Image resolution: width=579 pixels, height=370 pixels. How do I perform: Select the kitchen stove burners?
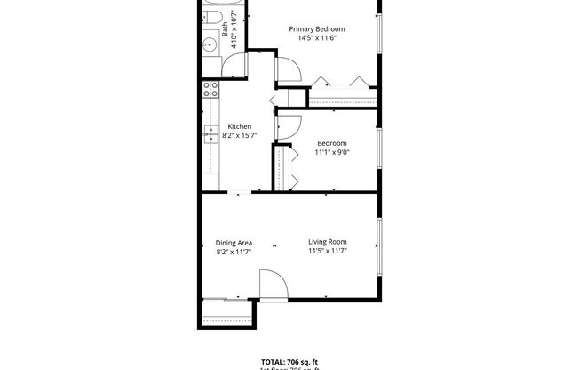210,89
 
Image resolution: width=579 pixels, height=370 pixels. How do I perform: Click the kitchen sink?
211,135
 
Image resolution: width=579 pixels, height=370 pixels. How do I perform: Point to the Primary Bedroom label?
317,29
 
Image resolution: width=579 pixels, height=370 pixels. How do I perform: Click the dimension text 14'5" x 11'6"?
317,39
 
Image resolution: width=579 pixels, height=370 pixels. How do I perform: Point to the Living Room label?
327,242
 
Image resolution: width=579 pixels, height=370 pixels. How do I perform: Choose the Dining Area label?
234,243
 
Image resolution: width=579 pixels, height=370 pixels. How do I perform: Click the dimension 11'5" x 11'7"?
327,252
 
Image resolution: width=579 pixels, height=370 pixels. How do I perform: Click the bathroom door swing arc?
235,67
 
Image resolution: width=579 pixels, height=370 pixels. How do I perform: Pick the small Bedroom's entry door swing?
289,127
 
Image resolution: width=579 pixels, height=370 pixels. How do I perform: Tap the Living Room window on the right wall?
380,246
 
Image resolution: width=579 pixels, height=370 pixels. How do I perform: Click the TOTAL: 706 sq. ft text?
289,362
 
